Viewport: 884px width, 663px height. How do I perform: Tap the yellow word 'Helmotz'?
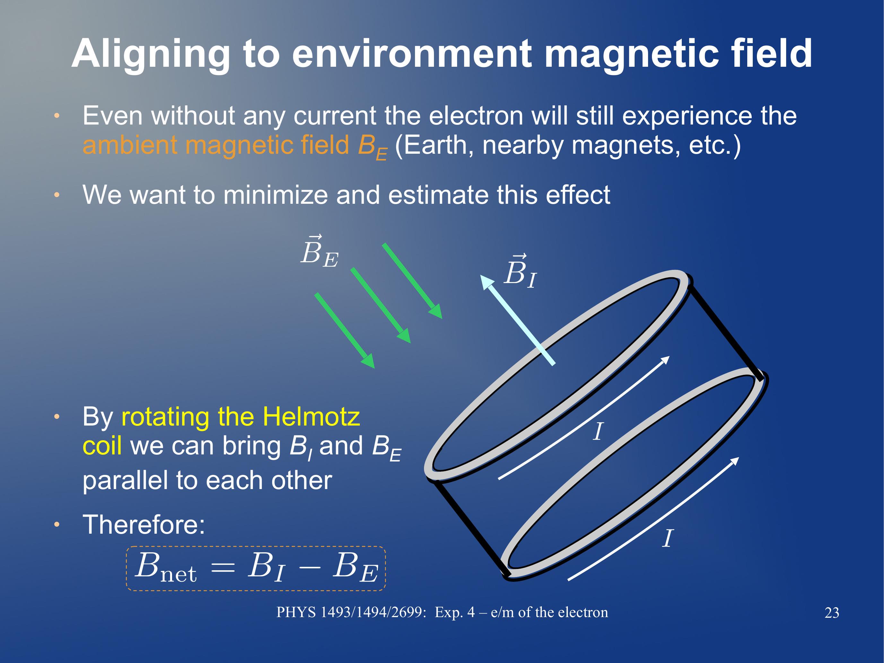click(312, 417)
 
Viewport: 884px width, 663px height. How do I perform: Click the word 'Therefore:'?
click(144, 524)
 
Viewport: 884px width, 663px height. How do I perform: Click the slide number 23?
click(832, 613)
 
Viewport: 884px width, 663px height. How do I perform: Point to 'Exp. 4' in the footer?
click(455, 613)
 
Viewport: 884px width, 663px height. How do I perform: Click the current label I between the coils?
click(598, 432)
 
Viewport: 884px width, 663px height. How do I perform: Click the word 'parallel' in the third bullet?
click(125, 481)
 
